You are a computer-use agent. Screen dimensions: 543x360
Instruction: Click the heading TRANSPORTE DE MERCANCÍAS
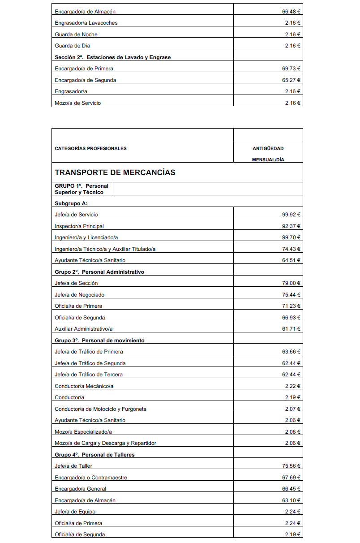[115, 172]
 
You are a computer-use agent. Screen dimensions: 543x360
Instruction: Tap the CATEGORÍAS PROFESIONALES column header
[90, 148]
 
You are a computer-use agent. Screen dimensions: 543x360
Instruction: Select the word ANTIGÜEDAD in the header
[268, 148]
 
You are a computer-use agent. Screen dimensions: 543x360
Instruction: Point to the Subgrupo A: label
[71, 203]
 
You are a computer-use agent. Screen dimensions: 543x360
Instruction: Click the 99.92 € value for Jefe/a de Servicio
[291, 215]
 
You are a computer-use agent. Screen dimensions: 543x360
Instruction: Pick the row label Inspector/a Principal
[79, 226]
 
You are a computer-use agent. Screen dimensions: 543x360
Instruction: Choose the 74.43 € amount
[291, 249]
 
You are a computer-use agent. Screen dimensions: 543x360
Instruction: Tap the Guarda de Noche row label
[76, 34]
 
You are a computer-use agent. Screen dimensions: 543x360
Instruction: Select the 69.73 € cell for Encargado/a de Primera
[291, 69]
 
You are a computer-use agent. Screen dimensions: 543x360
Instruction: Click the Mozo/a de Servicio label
[78, 103]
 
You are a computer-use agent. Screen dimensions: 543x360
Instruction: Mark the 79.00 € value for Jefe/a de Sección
[291, 283]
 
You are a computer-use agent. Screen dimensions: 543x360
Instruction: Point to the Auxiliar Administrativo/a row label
[84, 329]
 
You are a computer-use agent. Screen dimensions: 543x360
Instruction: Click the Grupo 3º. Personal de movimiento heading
[99, 340]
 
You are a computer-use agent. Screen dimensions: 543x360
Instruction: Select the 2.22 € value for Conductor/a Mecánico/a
[293, 386]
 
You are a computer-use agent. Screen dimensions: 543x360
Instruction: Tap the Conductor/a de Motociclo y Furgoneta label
[101, 409]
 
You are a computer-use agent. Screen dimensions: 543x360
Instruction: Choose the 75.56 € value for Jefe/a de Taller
[291, 466]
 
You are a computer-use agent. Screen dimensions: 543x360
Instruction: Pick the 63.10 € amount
[291, 500]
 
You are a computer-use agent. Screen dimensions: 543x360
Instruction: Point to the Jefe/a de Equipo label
[75, 512]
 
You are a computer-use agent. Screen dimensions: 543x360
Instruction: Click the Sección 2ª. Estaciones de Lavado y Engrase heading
[112, 57]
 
